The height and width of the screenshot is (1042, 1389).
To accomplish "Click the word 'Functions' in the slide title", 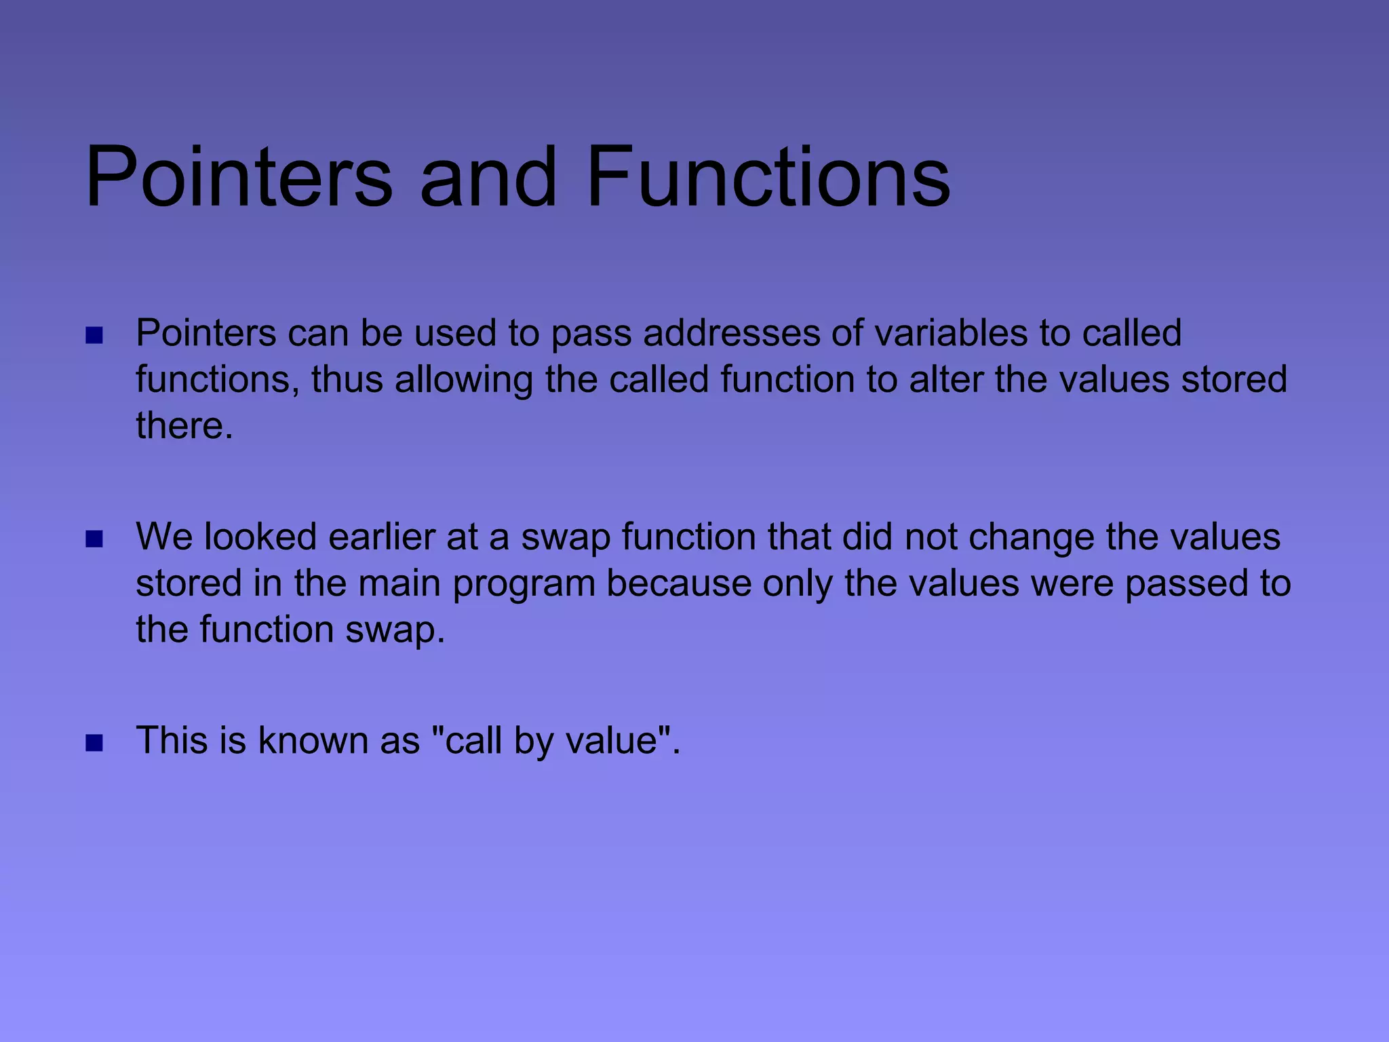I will pos(768,178).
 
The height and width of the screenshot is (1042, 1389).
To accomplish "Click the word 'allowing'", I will pos(464,379).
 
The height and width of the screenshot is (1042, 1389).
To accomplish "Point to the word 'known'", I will pos(313,740).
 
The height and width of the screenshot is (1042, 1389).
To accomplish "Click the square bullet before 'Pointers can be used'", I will pos(94,336).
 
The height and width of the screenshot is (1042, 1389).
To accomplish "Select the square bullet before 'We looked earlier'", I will pos(94,539).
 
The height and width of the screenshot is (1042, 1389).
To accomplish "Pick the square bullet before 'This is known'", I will pos(94,743).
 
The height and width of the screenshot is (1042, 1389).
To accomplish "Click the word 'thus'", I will pos(347,379).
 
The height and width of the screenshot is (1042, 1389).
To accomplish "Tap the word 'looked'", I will pos(260,537).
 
